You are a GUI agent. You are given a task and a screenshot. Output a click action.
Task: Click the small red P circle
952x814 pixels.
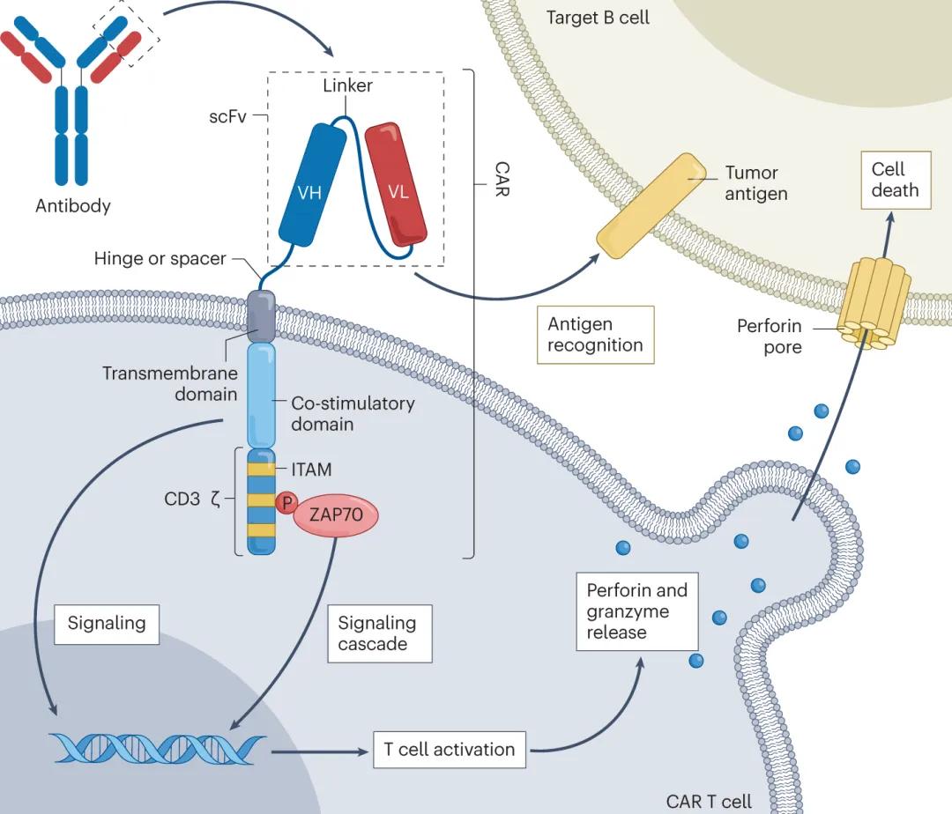(x=286, y=503)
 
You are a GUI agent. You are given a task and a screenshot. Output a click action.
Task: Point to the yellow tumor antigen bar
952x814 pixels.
(x=651, y=205)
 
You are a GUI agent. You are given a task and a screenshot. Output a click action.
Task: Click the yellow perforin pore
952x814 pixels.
(x=872, y=299)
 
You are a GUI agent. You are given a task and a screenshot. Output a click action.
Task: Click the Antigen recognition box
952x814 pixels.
(x=595, y=335)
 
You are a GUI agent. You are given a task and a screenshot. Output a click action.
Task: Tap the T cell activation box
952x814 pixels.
(x=449, y=750)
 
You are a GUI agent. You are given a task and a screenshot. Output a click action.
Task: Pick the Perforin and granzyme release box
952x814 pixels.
(x=637, y=611)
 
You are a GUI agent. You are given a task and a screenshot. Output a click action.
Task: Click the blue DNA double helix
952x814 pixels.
(x=158, y=747)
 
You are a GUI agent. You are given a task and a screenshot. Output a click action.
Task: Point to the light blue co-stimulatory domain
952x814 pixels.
(x=261, y=396)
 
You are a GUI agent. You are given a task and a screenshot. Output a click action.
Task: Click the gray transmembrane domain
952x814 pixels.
(x=261, y=314)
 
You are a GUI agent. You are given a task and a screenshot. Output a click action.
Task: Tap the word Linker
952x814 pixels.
(x=347, y=85)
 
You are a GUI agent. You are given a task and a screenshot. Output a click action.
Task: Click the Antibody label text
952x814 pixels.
(x=73, y=206)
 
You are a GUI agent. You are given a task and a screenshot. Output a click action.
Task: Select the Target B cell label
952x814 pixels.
(x=598, y=17)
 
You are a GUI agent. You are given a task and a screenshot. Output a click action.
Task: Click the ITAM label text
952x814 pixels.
(x=311, y=470)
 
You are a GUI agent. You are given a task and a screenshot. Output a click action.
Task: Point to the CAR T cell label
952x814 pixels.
(x=710, y=801)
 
